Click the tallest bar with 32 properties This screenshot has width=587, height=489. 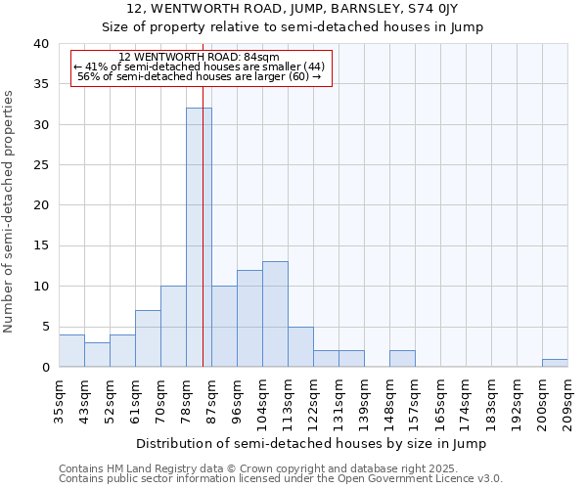[x=199, y=238]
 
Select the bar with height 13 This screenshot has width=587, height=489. [x=275, y=314]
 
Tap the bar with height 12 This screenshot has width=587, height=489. [x=249, y=318]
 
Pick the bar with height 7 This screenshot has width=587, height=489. [x=148, y=338]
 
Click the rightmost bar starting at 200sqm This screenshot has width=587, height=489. [x=555, y=363]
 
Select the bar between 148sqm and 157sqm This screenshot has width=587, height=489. [x=402, y=359]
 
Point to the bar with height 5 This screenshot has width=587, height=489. [x=300, y=346]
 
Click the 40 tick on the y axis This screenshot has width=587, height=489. [x=40, y=44]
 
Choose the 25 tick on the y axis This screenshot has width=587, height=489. [x=40, y=165]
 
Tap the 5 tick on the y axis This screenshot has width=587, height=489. [x=44, y=327]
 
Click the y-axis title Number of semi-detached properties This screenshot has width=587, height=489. [x=9, y=211]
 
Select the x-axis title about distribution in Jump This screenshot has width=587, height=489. [x=311, y=443]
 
